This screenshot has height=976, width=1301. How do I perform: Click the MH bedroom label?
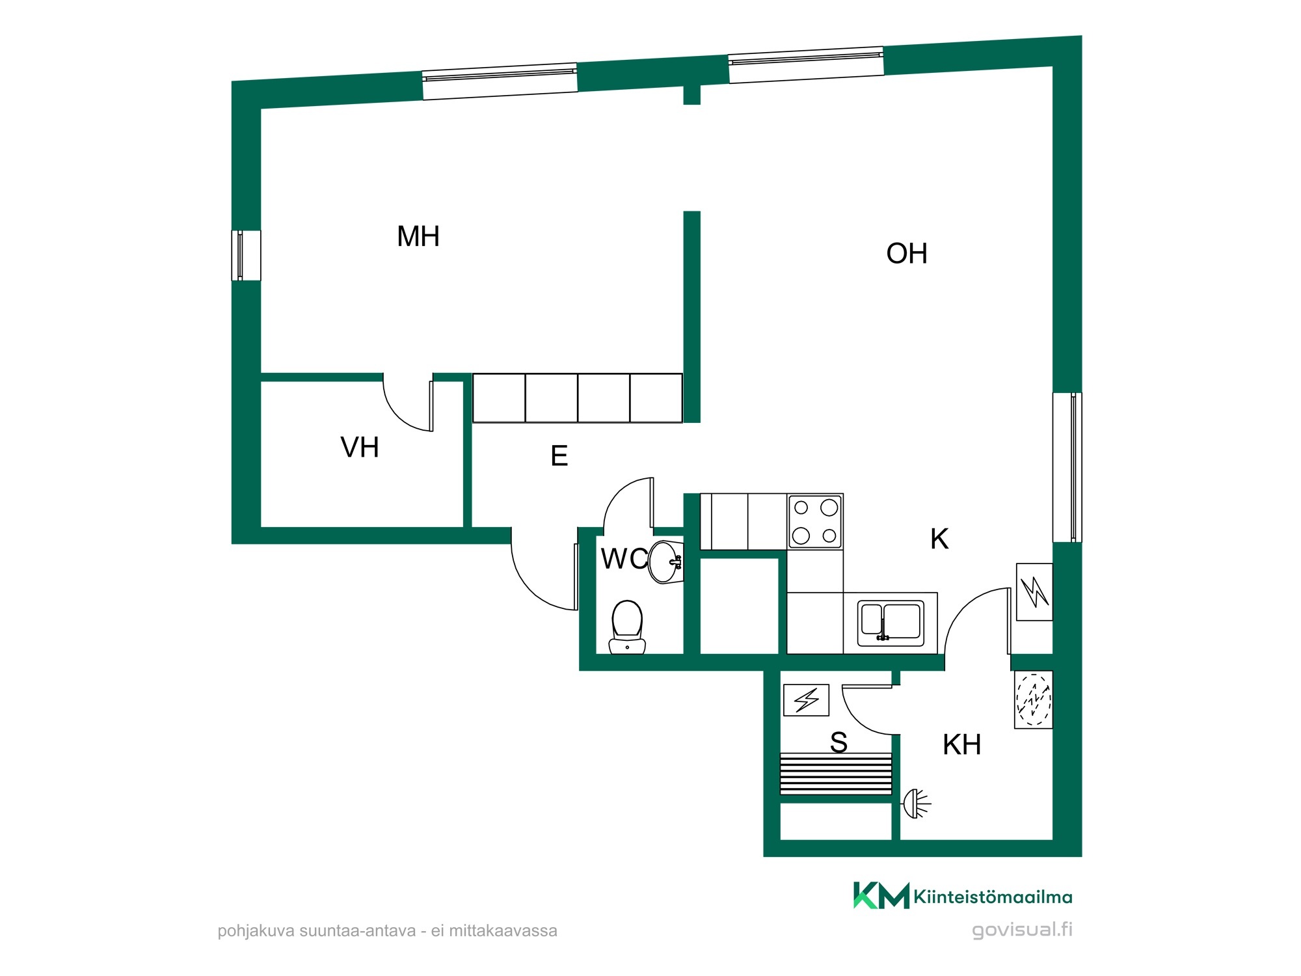(418, 236)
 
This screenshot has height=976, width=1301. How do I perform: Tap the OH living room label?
(907, 254)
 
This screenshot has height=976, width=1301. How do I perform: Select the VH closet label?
(360, 448)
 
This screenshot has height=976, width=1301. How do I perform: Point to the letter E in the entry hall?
(559, 456)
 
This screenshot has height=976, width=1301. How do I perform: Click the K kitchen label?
(939, 539)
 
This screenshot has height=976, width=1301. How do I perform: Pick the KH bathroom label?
(962, 744)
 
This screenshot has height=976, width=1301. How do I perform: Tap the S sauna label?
(839, 742)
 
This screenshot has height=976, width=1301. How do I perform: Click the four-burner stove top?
(816, 522)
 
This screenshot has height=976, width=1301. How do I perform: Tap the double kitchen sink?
(891, 623)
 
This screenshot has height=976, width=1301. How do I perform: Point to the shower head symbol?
(916, 804)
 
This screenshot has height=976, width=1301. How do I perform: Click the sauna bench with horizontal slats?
(836, 774)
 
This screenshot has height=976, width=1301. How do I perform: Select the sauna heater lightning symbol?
(807, 700)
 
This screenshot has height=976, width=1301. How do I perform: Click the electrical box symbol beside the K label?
(1034, 592)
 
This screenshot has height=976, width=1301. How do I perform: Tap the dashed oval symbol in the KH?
(1034, 699)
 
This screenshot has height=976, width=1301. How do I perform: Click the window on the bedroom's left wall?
(246, 256)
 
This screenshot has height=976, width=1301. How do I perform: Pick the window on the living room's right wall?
(1067, 467)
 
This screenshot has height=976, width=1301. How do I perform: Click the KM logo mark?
(881, 895)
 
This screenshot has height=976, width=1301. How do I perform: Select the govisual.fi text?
(1022, 930)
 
